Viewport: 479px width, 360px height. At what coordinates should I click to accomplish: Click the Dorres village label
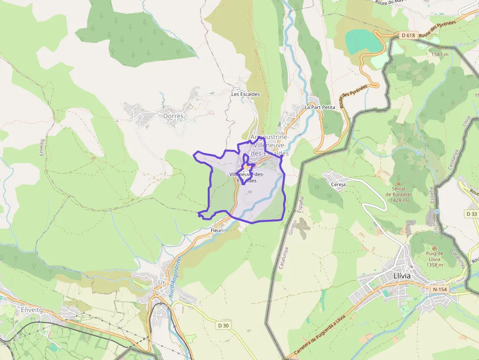pos(174,116)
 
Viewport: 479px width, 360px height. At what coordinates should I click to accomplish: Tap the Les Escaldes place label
pos(245,94)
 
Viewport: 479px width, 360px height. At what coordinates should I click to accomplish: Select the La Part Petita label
pos(320,106)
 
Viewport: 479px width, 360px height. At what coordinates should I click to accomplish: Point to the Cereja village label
pos(338,185)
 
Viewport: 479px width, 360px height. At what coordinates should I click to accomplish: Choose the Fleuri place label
pos(217,230)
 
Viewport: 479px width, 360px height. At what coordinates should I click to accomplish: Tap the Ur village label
pos(162,282)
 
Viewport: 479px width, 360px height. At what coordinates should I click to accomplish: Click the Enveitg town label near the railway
pos(33,310)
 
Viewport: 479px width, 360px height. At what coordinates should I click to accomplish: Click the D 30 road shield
pos(223,325)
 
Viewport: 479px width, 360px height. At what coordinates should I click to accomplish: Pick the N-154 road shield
pos(440,289)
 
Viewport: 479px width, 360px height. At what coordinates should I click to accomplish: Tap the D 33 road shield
pos(471,214)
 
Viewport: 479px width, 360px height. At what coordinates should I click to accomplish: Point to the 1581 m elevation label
pos(440,54)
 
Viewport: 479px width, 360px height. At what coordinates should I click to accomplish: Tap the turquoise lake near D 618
pos(364,41)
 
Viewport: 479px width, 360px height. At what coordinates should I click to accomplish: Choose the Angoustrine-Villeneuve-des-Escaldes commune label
pos(269,145)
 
